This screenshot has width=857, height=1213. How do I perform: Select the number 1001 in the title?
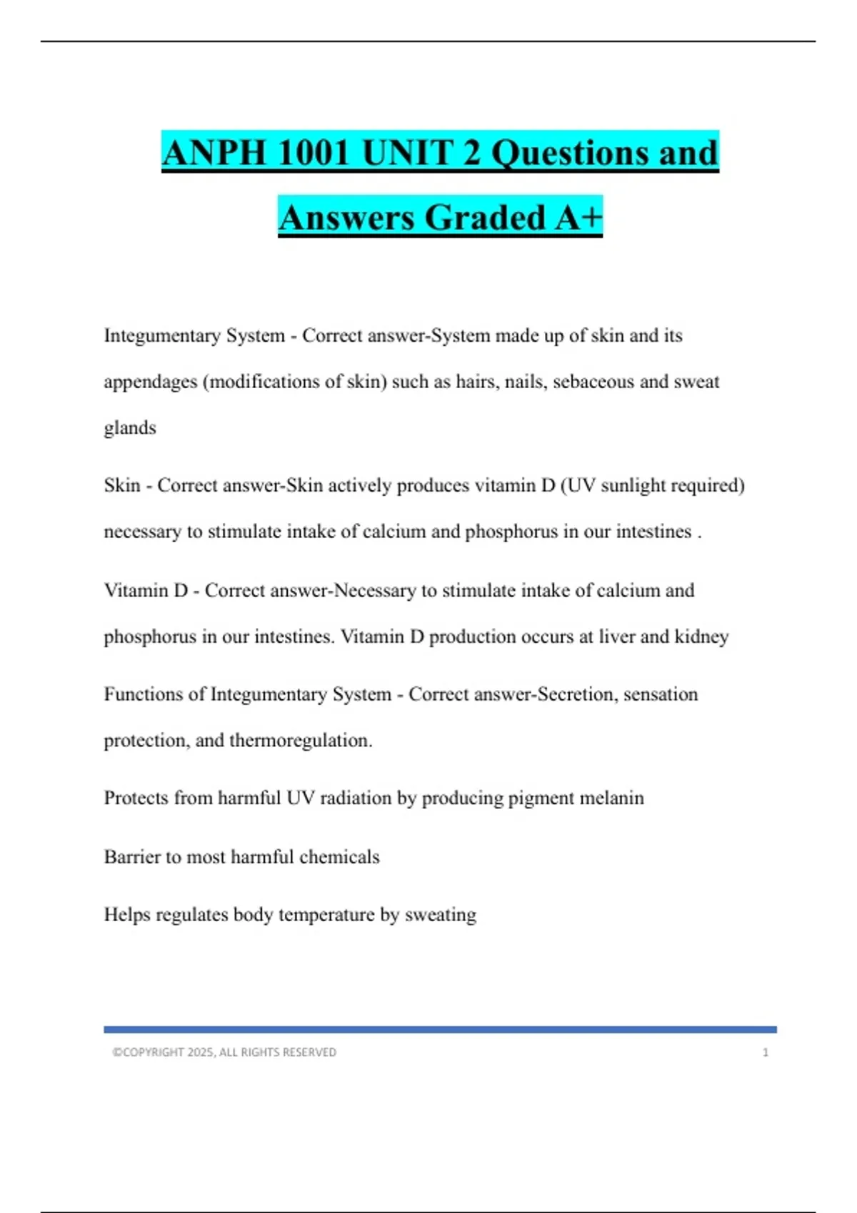311,153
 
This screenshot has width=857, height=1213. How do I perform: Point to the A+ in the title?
578,218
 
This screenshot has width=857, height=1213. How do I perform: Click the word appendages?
150,382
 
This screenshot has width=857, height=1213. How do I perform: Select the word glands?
130,428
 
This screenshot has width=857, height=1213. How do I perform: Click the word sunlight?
633,486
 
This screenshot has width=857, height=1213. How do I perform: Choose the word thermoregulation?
300,741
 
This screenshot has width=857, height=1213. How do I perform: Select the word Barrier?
132,857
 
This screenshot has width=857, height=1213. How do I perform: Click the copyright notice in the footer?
224,1052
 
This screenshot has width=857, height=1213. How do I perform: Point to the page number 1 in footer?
766,1052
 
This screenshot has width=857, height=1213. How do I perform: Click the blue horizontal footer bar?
440,1030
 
